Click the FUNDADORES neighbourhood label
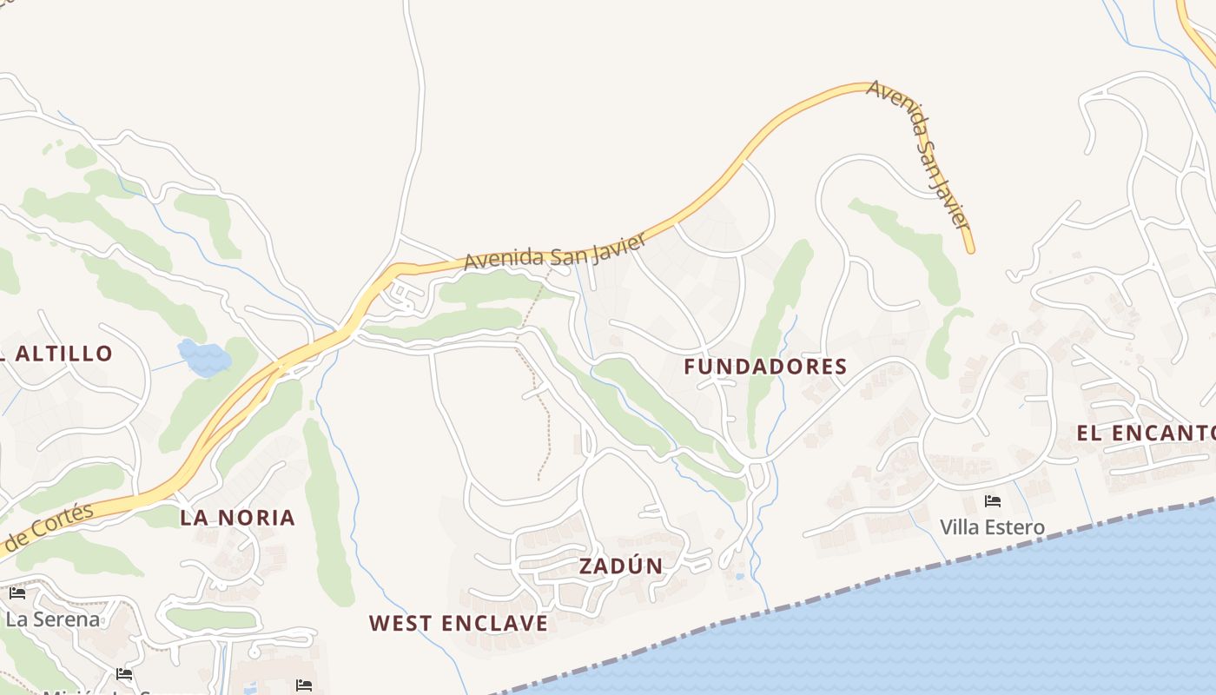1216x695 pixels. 765,367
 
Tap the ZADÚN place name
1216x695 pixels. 621,566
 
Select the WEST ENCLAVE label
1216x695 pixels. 459,623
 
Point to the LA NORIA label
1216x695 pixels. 237,518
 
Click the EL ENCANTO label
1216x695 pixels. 1145,433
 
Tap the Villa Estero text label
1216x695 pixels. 992,527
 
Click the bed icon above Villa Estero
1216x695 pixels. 992,501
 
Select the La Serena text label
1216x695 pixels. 52,619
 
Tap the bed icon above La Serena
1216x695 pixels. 17,593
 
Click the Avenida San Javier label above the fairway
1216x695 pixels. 554,250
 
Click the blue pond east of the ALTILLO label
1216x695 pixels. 204,357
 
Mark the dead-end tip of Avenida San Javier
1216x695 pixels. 970,250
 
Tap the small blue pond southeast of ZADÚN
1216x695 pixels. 738,575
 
